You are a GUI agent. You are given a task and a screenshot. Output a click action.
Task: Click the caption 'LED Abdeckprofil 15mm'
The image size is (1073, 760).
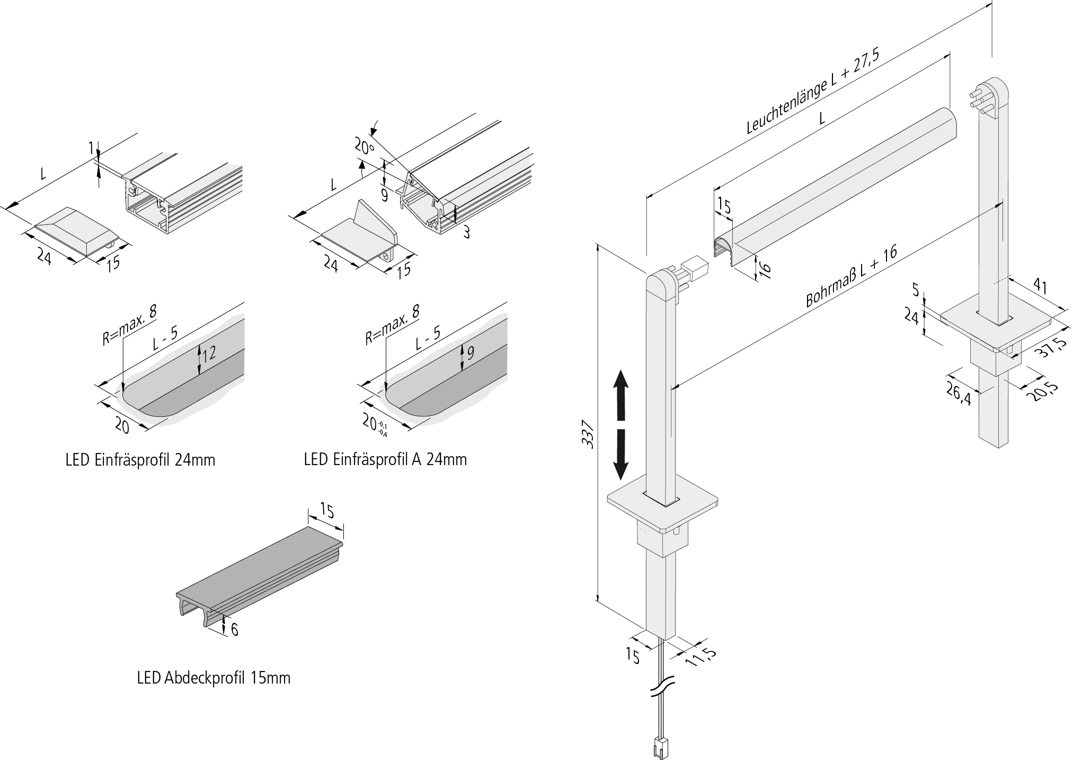point(214,677)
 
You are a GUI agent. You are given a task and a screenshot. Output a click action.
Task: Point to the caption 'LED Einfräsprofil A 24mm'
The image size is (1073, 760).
point(385,459)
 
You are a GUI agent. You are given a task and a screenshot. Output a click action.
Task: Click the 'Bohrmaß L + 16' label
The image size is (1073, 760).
point(851,276)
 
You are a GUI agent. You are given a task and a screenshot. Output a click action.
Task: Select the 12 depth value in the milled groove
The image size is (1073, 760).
point(209,353)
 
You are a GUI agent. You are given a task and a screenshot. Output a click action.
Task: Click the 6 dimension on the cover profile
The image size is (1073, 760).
point(234,629)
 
